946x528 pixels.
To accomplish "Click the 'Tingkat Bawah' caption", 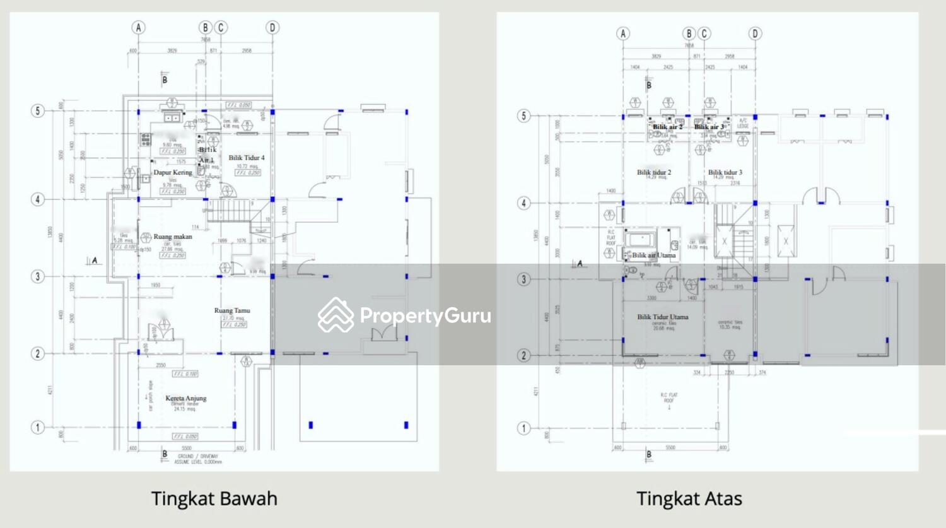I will click(x=214, y=498).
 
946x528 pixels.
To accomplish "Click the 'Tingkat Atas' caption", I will click(x=689, y=498).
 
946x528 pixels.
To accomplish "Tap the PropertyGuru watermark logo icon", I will click(x=336, y=315).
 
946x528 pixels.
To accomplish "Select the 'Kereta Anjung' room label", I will click(x=185, y=398).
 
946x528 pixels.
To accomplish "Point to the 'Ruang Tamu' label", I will click(x=232, y=310).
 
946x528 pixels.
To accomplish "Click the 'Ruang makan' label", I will click(x=172, y=237).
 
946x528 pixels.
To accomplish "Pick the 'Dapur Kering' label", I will click(x=172, y=172).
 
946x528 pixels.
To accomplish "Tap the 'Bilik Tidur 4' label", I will click(x=246, y=158).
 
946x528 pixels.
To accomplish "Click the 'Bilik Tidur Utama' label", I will click(x=662, y=317).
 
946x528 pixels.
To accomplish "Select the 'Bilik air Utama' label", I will click(x=653, y=255).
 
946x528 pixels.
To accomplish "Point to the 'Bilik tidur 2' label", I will click(x=653, y=172).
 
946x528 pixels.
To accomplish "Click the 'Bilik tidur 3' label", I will click(x=725, y=172).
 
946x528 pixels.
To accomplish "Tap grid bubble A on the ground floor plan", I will click(x=138, y=27).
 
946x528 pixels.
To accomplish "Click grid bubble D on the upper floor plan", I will click(x=755, y=33).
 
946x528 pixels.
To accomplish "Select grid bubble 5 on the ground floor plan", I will click(x=37, y=111).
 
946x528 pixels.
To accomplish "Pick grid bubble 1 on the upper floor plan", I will click(x=523, y=428).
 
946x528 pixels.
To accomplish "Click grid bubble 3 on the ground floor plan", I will click(x=37, y=276).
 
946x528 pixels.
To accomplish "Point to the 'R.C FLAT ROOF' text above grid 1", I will click(x=669, y=398).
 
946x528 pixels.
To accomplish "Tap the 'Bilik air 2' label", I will click(x=667, y=127).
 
